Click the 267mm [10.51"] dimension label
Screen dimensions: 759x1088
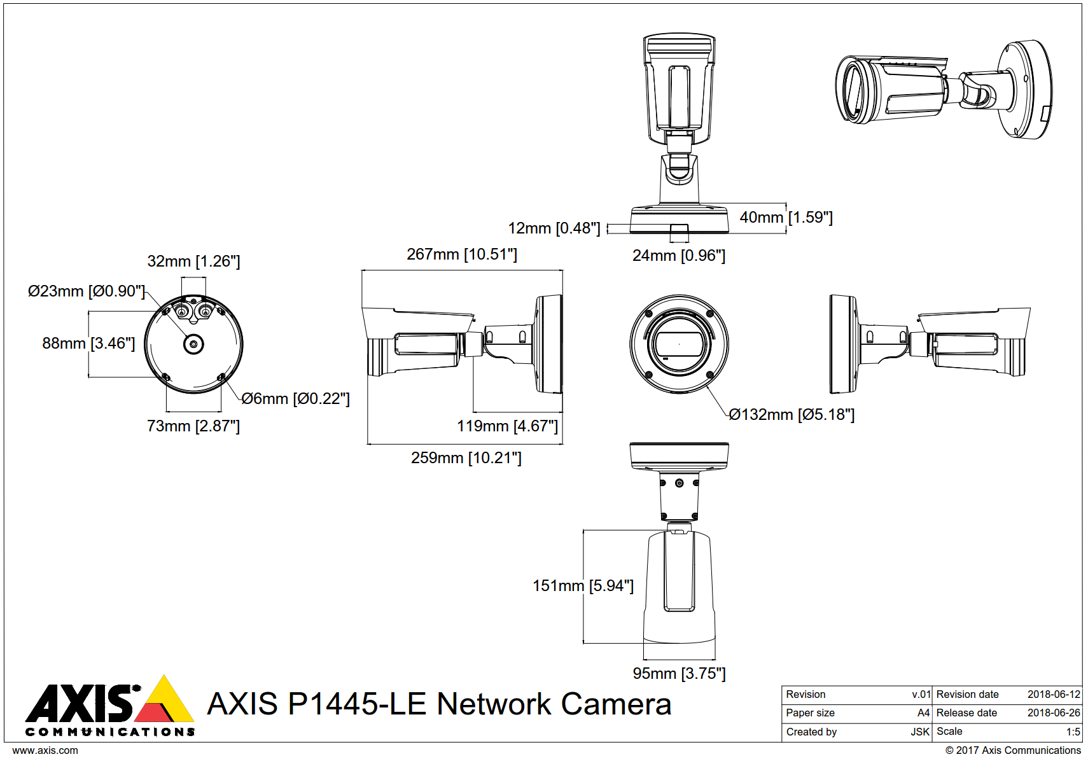click(462, 254)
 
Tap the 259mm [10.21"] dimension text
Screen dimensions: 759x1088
click(466, 457)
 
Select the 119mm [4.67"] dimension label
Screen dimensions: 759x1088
click(507, 426)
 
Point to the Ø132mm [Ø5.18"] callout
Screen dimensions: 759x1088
click(792, 415)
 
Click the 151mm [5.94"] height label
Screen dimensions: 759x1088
click(583, 585)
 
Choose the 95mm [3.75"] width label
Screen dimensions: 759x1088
click(679, 673)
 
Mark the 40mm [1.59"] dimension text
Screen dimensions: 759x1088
click(786, 218)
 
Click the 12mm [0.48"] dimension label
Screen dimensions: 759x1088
click(554, 228)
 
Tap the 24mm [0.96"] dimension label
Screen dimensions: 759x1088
click(678, 256)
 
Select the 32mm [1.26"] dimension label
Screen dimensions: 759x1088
click(193, 261)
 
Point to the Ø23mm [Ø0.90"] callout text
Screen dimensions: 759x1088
click(87, 291)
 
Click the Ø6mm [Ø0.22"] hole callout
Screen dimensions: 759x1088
click(295, 399)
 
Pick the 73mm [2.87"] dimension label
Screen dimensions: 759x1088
click(193, 426)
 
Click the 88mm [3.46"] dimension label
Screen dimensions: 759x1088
click(88, 344)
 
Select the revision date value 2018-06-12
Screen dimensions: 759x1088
click(1054, 694)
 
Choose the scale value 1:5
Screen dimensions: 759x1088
click(1073, 732)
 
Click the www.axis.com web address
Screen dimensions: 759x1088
click(45, 750)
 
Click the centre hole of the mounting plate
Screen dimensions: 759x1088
click(193, 344)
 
